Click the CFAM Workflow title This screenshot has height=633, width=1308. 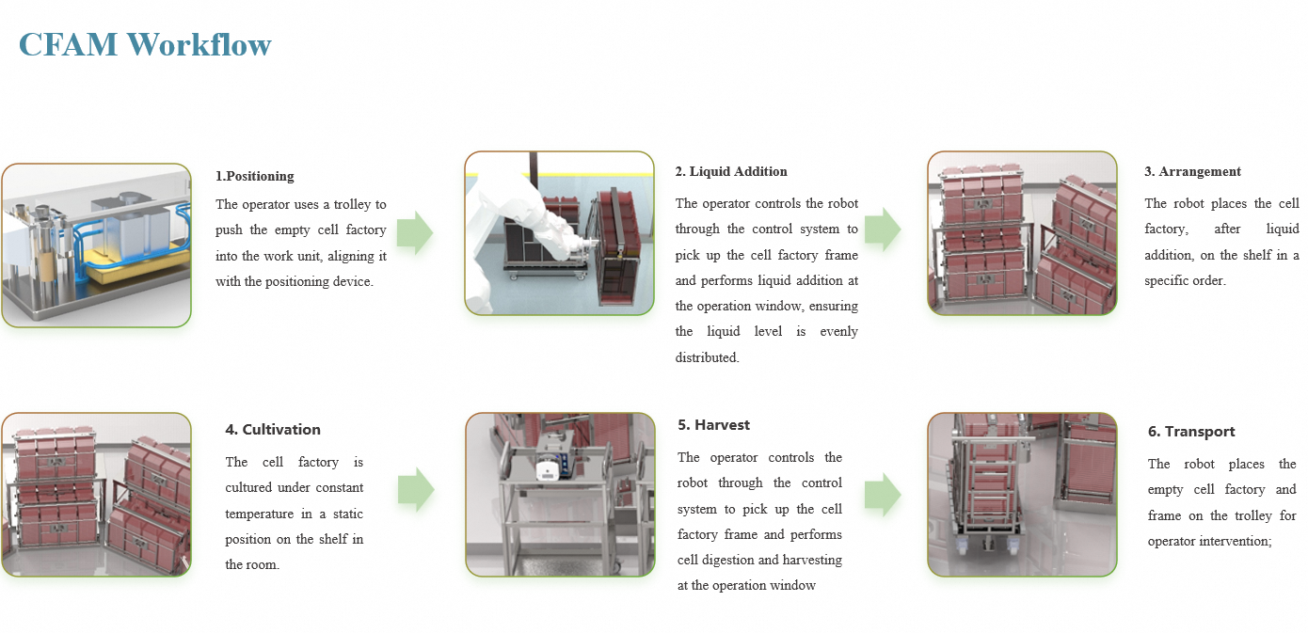point(145,44)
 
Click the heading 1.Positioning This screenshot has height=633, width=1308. point(254,176)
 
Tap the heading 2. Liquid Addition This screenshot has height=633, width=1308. point(731,171)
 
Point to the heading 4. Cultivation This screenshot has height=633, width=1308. point(273,430)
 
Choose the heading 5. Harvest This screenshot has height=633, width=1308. point(713,425)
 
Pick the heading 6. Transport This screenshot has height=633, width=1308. point(1191,432)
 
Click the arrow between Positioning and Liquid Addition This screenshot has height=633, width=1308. point(414,231)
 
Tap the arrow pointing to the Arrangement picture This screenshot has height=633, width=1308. point(882,229)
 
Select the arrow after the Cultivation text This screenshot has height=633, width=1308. point(415,489)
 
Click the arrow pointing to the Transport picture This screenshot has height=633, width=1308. point(882,493)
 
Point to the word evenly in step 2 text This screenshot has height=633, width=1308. point(839,331)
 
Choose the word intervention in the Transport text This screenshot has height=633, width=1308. point(1237,541)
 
